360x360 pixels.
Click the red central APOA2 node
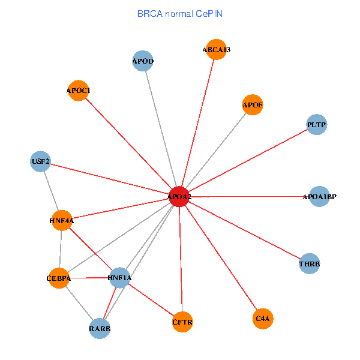pyautogui.click(x=179, y=197)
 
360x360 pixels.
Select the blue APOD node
pyautogui.click(x=143, y=61)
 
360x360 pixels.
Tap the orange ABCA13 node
pyautogui.click(x=216, y=50)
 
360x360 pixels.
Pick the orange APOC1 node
pyautogui.click(x=78, y=91)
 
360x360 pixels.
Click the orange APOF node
pyautogui.click(x=253, y=106)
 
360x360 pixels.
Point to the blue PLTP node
pyautogui.click(x=316, y=125)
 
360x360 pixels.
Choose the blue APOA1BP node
pyautogui.click(x=320, y=196)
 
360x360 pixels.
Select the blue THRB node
pyautogui.click(x=310, y=263)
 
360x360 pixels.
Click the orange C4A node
pyautogui.click(x=263, y=319)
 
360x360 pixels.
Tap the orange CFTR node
pyautogui.click(x=182, y=322)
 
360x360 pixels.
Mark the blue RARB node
pyautogui.click(x=100, y=328)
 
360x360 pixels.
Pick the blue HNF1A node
pyautogui.click(x=119, y=278)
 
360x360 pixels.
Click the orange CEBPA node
pyautogui.click(x=59, y=278)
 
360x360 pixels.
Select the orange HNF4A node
pyautogui.click(x=62, y=221)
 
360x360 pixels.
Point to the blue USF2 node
pyautogui.click(x=40, y=161)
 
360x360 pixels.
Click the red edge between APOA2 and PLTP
pyautogui.click(x=248, y=161)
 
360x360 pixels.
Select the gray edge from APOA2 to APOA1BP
pyautogui.click(x=252, y=196)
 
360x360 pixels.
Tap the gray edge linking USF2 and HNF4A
pyautogui.click(x=51, y=191)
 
